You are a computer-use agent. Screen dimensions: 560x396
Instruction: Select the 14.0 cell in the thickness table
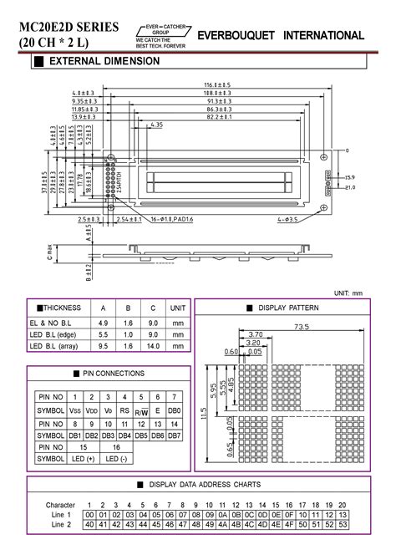pyautogui.click(x=154, y=345)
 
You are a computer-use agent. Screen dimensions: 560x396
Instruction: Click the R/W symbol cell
pyautogui.click(x=143, y=411)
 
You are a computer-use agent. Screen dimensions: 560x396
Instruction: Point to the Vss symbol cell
pyautogui.click(x=75, y=411)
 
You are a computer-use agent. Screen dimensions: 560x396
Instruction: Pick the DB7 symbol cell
pyautogui.click(x=174, y=435)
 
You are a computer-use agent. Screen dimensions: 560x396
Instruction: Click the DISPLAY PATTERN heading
pyautogui.click(x=289, y=308)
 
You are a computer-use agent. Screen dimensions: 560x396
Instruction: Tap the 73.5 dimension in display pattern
pyautogui.click(x=301, y=327)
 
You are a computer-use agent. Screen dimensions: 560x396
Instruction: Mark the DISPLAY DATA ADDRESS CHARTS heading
pyautogui.click(x=198, y=485)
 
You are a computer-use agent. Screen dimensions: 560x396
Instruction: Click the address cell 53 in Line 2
pyautogui.click(x=342, y=524)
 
